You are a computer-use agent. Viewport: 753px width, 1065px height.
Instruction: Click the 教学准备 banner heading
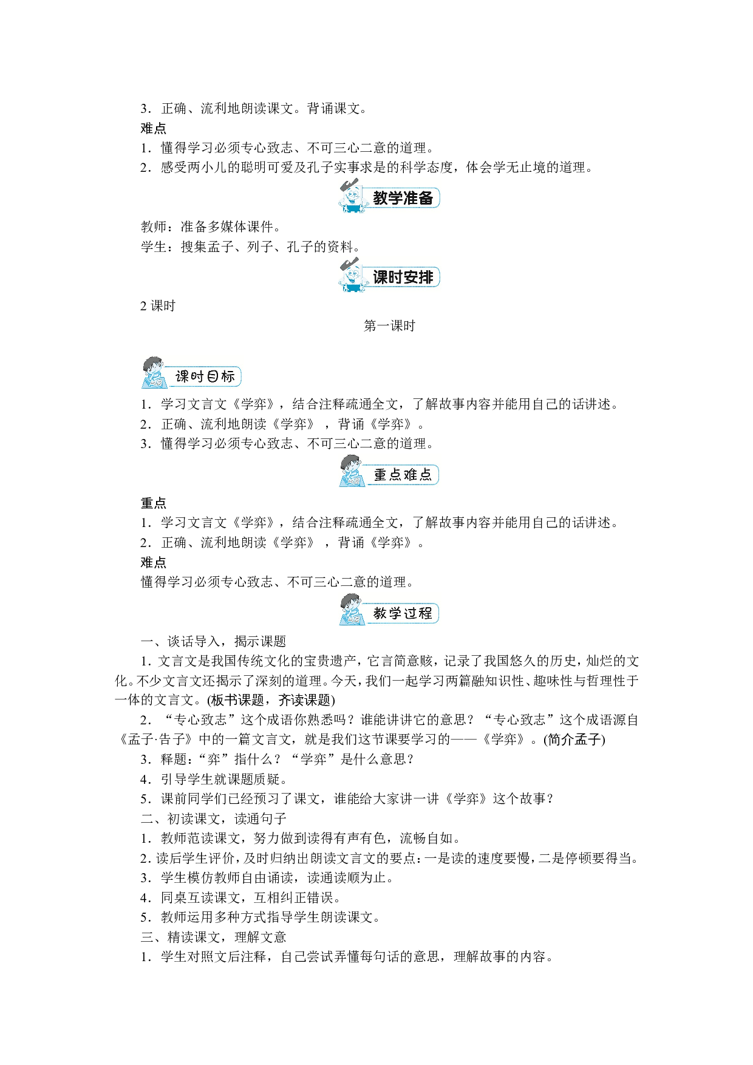(403, 198)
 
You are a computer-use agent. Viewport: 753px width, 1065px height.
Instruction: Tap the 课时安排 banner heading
(403, 277)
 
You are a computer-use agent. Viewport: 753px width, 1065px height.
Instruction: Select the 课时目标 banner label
(205, 376)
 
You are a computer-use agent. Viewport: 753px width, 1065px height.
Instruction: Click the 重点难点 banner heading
(403, 475)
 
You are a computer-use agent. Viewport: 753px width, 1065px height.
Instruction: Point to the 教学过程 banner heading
(403, 613)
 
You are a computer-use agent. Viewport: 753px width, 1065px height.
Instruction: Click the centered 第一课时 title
(389, 326)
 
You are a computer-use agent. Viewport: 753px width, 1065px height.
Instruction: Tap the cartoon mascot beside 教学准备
(352, 196)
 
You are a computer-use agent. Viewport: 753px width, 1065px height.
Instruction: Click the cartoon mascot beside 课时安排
(352, 274)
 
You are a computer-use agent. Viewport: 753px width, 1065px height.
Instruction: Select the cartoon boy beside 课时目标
(154, 373)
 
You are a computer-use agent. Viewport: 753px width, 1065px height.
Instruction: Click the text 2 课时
(158, 306)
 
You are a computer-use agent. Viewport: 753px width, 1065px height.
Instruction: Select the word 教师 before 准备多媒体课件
(154, 227)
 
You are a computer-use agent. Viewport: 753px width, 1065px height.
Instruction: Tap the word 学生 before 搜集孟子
(154, 247)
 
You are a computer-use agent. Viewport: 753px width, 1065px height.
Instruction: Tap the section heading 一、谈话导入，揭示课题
(213, 641)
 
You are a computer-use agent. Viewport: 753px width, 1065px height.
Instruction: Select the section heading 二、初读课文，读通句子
(213, 818)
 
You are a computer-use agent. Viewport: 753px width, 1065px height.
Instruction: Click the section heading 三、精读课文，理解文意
(213, 937)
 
